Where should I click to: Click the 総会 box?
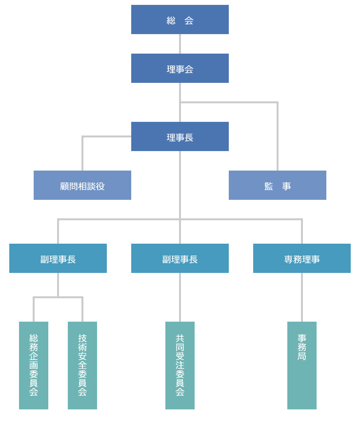coord(180,19)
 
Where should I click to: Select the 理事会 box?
coord(180,68)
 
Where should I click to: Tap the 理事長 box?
coord(180,136)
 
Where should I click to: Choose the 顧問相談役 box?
coord(82,185)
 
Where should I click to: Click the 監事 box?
coord(277,185)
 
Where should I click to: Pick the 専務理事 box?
coord(301,258)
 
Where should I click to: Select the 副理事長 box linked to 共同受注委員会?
coord(180,258)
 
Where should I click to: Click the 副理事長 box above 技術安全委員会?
coord(58,258)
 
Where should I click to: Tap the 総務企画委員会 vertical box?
coord(34,366)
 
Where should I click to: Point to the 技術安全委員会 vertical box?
coord(82,366)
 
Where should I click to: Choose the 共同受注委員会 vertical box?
coord(180,366)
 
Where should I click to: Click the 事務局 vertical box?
coord(302,366)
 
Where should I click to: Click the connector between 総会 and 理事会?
coord(180,44)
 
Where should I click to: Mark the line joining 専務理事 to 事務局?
coord(302,297)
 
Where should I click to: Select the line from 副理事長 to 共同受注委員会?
coord(180,297)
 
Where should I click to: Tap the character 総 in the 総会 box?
coord(171,20)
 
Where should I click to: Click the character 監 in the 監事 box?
coord(268,186)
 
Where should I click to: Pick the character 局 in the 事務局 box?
coord(302,356)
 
